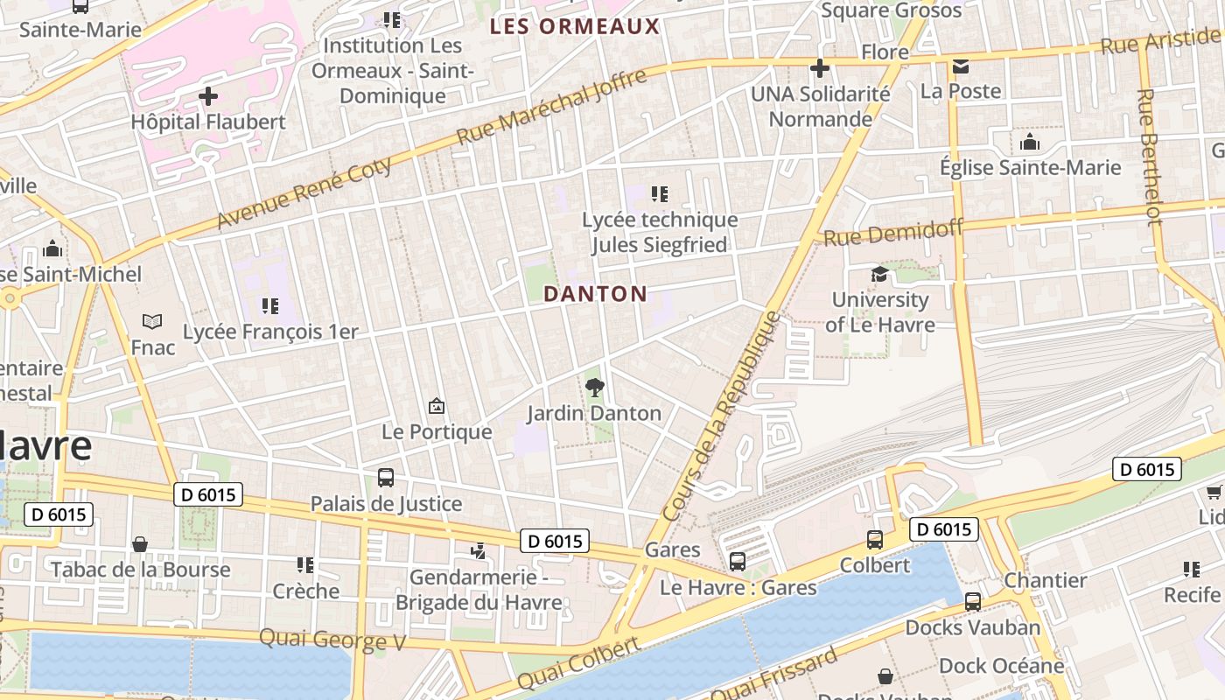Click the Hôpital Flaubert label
click(208, 122)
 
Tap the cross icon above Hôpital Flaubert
click(208, 95)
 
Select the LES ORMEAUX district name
click(574, 26)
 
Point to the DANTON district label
click(595, 294)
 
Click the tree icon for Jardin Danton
click(594, 387)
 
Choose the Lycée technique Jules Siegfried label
click(660, 233)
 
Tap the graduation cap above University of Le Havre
click(878, 275)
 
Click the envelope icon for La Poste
click(961, 66)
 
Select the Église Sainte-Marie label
click(1030, 167)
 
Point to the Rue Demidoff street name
click(893, 232)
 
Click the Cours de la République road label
click(722, 416)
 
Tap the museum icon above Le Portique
click(436, 406)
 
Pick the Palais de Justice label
click(386, 503)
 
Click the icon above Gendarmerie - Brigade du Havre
click(478, 551)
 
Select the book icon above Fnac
click(152, 322)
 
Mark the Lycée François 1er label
click(270, 332)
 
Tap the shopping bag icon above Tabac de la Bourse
click(140, 544)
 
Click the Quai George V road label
click(332, 640)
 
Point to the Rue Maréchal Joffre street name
click(552, 107)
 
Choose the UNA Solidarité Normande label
click(820, 106)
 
